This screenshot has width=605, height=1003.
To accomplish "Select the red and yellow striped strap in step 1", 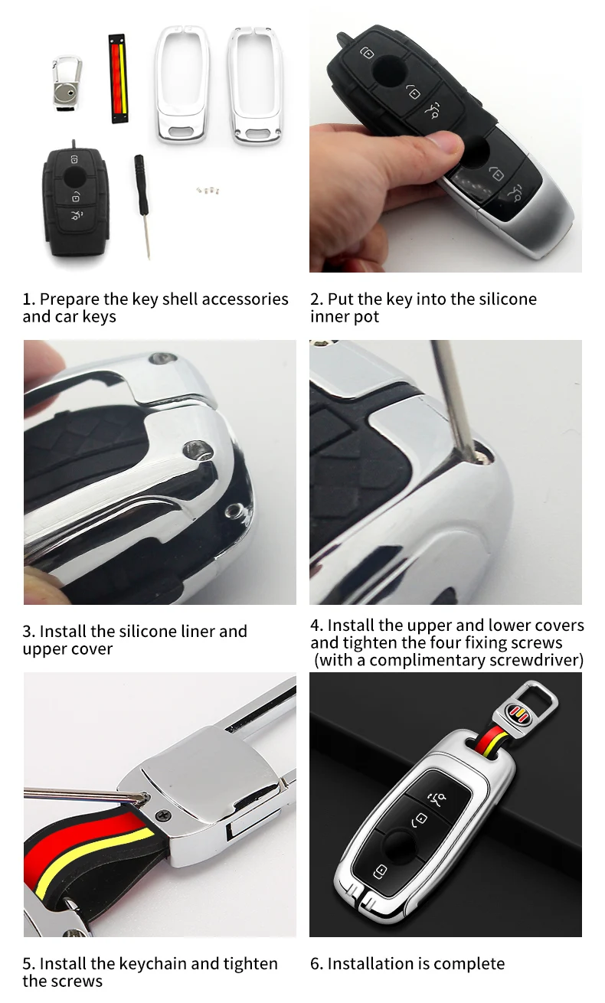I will point(118,77).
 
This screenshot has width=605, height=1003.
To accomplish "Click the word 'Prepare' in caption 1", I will point(70,299).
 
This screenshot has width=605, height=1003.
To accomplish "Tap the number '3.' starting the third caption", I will point(29,632).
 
